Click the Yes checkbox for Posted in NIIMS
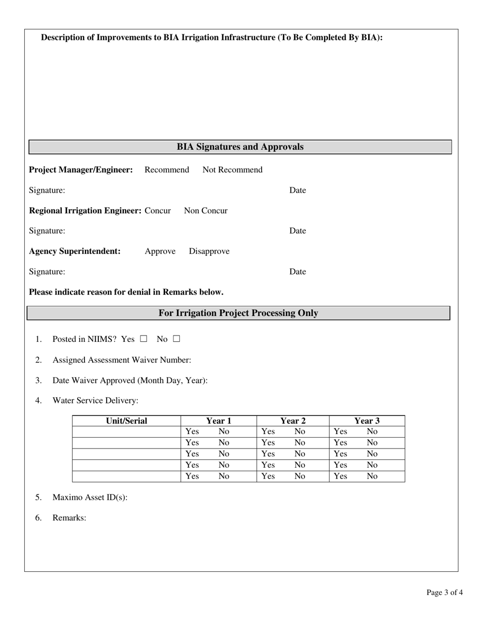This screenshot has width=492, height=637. pos(143,339)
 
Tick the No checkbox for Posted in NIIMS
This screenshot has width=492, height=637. pos(177,339)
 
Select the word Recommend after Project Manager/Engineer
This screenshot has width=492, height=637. pos(167,170)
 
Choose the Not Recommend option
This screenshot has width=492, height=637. pos(232,170)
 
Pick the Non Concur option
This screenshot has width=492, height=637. pos(206,211)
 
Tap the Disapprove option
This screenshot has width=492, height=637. pos(209,251)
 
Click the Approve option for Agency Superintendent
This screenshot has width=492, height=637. pos(160,251)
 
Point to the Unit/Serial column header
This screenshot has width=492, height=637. pos(126,421)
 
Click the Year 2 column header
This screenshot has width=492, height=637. pos(293,421)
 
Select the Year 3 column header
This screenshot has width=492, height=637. pos(367,421)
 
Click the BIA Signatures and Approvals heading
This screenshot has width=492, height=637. pos(240,147)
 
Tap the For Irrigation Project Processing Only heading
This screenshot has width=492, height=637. pos(238,313)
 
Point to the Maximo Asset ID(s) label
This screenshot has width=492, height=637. pos(90,498)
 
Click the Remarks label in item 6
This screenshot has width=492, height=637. pos(69,518)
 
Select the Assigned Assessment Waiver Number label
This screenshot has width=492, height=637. pos(122,360)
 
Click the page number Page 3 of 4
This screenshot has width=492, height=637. pos(444,592)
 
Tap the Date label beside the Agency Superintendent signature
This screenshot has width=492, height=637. pos(297,272)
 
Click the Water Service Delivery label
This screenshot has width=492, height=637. pos(95,401)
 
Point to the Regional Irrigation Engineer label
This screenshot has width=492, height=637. pos(85,211)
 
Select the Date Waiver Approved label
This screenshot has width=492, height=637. pos(130,381)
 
